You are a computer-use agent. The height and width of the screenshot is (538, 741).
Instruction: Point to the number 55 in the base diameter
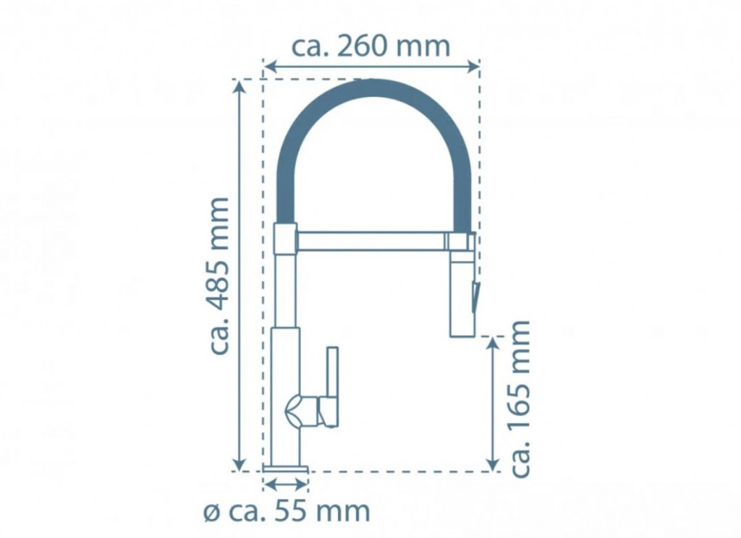click(x=289, y=511)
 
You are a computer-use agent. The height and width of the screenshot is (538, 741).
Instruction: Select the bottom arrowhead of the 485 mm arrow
click(x=240, y=464)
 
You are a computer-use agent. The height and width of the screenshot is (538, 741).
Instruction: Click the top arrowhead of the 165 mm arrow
click(x=493, y=343)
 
